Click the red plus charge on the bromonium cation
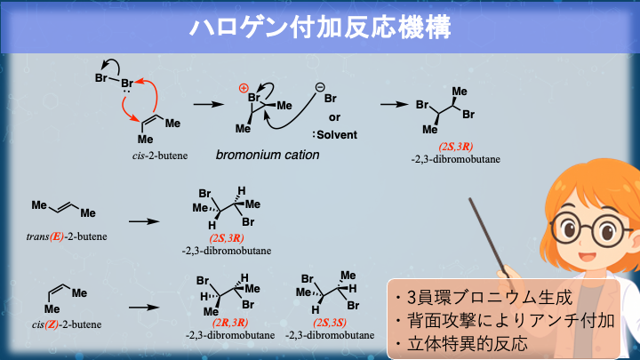coord(244,88)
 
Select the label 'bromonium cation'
coord(268,155)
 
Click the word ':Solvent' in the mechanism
coord(334,135)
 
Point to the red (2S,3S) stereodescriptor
coord(332,322)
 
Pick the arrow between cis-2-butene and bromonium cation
coord(207,105)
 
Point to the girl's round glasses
coord(588,230)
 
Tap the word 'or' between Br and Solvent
coord(334,116)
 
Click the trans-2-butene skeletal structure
coord(63,208)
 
